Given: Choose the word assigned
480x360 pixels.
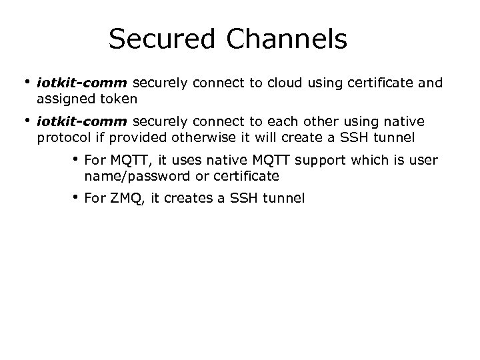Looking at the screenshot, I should (65, 99).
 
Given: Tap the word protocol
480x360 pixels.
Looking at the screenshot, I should (65, 137).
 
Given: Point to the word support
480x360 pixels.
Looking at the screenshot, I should (314, 161).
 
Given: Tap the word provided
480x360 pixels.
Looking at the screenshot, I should (138, 137).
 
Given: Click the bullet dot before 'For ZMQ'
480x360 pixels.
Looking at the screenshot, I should (77, 197).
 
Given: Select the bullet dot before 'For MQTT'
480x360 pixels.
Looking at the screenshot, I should (77, 160).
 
